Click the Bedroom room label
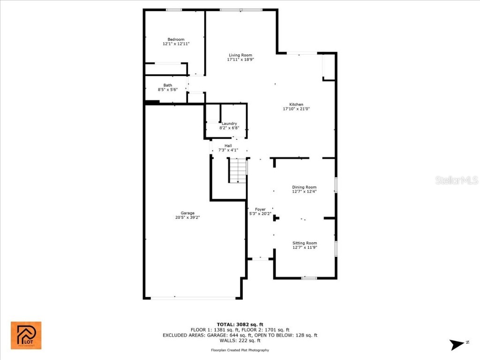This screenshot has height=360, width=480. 176,39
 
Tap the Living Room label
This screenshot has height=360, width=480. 240,55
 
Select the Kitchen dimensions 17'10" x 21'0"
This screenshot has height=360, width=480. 296,109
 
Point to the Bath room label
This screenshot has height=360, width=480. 167,85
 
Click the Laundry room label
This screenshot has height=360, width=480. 229,124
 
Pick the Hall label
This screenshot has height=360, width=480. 228,146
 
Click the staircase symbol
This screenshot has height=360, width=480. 238,171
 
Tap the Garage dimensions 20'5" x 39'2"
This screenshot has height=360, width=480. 187,217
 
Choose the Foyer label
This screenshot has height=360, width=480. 260,210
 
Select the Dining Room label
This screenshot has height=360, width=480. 304,187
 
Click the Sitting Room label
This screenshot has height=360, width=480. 305,243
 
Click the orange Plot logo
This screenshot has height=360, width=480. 26,336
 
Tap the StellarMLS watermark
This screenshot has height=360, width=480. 456,180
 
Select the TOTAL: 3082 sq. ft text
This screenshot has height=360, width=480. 240,324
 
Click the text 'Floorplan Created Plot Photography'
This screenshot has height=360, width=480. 240,350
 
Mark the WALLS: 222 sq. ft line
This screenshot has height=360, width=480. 240,341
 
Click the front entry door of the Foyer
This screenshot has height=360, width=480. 260,258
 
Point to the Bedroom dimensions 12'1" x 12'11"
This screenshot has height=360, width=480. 176,44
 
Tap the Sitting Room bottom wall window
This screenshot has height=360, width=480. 308,278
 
